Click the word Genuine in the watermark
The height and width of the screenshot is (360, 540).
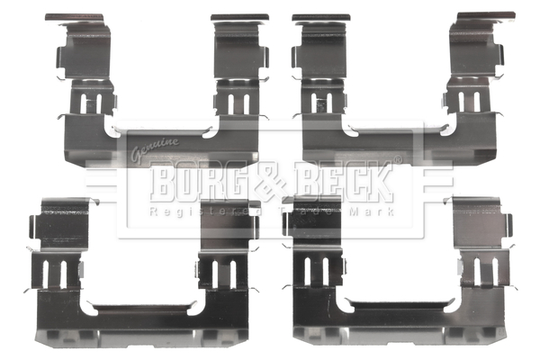tap(154, 147)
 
